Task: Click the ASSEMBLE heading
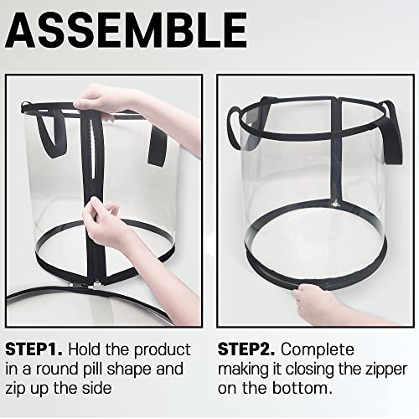126,30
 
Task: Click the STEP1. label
34,349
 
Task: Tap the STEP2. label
246,349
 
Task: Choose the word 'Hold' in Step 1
84,349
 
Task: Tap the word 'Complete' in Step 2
318,349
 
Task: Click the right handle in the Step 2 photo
393,132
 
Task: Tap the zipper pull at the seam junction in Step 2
334,202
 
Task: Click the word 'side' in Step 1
96,388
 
